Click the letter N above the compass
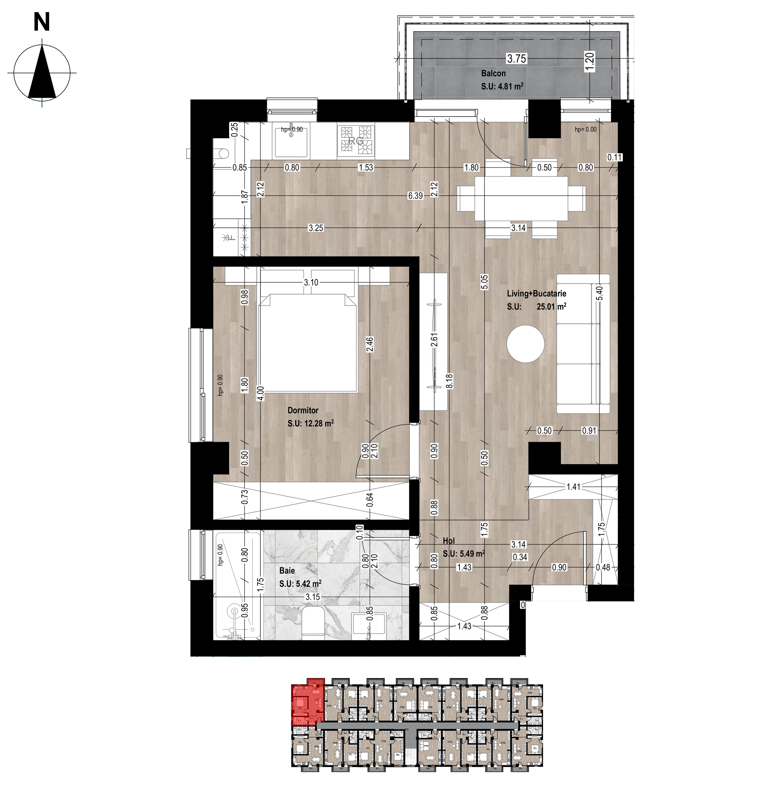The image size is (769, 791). point(42,21)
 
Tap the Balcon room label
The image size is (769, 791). point(493,73)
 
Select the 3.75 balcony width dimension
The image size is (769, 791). point(517,59)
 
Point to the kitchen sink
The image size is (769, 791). point(290,141)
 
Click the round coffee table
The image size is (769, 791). point(526,344)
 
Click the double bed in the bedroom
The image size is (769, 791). point(308,342)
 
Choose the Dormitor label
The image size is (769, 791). point(303,410)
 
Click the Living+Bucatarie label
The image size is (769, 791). point(536,294)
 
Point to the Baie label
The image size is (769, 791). point(287,571)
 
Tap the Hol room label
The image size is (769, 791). point(449,541)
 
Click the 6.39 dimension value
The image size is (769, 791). point(415,196)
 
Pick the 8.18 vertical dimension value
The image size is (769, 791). point(450,381)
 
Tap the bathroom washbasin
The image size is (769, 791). point(369,625)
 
